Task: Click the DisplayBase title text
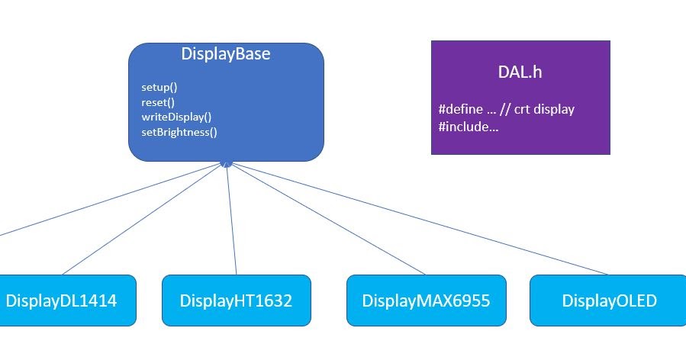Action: (x=225, y=55)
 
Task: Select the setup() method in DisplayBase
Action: (x=159, y=87)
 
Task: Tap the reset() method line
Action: (x=158, y=101)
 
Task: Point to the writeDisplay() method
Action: (x=176, y=117)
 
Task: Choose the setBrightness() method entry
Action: (x=179, y=131)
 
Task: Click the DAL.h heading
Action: (x=520, y=72)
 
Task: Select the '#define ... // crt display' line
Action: (x=507, y=109)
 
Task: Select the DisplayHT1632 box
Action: (x=236, y=301)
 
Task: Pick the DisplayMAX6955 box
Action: (x=426, y=301)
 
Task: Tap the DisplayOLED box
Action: (x=609, y=301)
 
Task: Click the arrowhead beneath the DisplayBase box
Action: (x=225, y=164)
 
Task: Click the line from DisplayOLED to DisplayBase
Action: (x=427, y=221)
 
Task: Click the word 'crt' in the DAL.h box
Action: (x=522, y=109)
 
